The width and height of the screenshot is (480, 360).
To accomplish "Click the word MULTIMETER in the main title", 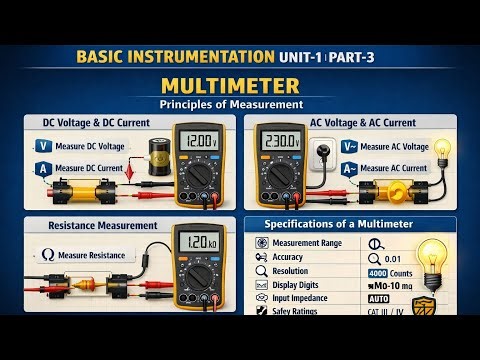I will click(239, 84).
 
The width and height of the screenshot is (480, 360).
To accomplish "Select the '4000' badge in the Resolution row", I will click(378, 271).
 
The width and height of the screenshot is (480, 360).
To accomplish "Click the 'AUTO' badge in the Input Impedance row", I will click(379, 298).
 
